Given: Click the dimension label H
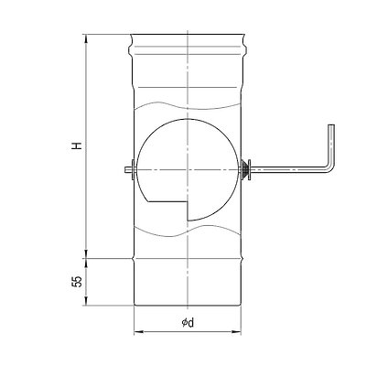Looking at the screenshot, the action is pyautogui.click(x=78, y=145).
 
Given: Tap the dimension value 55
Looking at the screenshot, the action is pyautogui.click(x=78, y=281).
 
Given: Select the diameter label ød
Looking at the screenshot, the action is pyautogui.click(x=188, y=323).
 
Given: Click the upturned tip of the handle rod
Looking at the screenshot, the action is pyautogui.click(x=331, y=125).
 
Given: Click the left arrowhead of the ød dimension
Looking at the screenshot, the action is pyautogui.click(x=137, y=331).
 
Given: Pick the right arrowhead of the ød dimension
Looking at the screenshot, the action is pyautogui.click(x=238, y=331).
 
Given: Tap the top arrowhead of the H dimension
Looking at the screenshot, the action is pyautogui.click(x=86, y=38).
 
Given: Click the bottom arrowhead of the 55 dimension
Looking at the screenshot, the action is pyautogui.click(x=86, y=302).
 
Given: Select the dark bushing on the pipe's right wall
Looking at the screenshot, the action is pyautogui.click(x=244, y=168).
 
